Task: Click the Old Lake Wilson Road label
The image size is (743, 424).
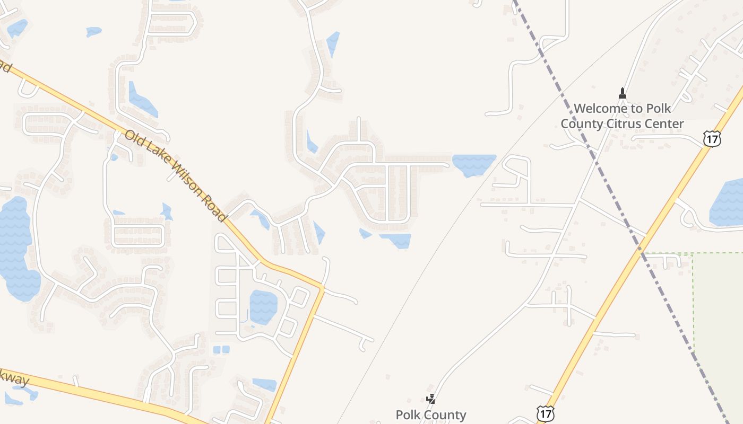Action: tap(176, 175)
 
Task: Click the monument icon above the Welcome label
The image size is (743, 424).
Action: tap(623, 94)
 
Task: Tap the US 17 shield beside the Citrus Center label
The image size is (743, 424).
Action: tap(712, 139)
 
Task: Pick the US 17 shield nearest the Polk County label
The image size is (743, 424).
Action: tap(545, 413)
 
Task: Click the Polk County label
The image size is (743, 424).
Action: tap(431, 414)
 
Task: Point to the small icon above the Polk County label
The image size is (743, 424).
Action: tap(431, 399)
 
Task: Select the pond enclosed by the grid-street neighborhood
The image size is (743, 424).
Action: tap(263, 307)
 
